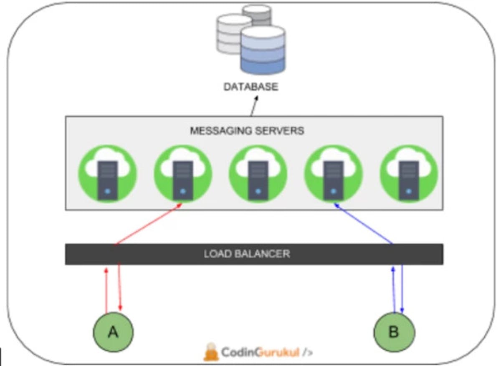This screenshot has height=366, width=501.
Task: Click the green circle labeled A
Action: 113,332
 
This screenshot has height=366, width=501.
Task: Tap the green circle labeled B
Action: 394,332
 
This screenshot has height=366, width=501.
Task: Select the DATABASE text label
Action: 250,87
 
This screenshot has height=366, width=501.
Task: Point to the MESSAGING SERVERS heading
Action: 247,131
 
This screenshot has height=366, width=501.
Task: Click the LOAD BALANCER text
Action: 247,253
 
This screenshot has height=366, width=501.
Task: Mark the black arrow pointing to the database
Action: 254,106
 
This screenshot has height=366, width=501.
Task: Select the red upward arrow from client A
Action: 106,290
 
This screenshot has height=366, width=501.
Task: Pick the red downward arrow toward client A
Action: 120,288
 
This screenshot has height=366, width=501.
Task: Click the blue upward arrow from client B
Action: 393,290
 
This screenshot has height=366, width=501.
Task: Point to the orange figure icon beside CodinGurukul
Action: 211,352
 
